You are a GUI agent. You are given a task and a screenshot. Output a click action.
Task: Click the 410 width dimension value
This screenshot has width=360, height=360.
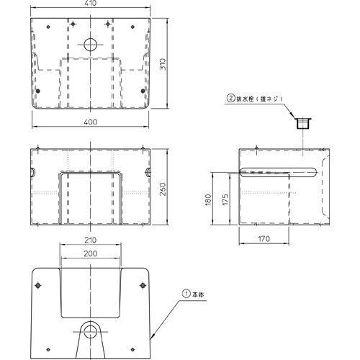(x=91, y=3)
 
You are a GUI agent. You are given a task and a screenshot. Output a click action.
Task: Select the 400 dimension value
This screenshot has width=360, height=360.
(x=91, y=122)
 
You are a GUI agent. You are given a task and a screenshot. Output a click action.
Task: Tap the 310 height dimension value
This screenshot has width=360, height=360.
(x=163, y=64)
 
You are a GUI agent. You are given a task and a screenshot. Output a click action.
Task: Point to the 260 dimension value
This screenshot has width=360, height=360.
(x=163, y=189)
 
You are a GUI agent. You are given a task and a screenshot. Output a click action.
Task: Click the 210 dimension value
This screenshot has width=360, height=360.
(x=91, y=240)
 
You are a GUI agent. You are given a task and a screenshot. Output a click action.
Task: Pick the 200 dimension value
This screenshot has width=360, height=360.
(x=91, y=253)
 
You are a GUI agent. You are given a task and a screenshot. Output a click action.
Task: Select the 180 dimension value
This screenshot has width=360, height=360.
(x=208, y=199)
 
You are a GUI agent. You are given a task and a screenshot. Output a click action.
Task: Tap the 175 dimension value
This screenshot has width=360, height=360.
(x=225, y=199)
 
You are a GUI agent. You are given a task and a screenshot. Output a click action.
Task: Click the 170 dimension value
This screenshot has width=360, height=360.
(x=264, y=239)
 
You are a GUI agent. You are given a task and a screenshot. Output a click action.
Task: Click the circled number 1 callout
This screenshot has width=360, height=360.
(x=186, y=294)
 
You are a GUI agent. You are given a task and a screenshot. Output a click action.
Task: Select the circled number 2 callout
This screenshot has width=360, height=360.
(x=230, y=99)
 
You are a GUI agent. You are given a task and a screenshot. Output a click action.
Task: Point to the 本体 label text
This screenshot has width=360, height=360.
(x=198, y=294)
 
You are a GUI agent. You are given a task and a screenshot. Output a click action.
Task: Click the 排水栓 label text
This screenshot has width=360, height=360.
(x=245, y=99)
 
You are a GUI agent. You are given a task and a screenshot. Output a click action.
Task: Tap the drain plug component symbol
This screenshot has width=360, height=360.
(x=303, y=123)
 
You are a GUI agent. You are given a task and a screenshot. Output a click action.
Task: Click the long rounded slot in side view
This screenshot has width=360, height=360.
(x=279, y=172)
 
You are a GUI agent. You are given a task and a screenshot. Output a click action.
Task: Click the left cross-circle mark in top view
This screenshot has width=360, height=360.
(x=73, y=24)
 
